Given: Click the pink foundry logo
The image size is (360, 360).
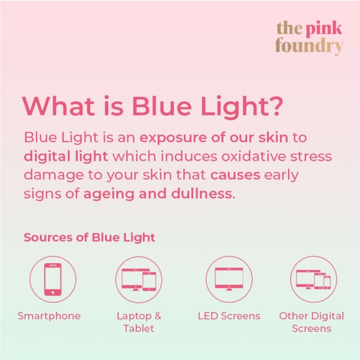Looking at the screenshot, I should [x=309, y=38].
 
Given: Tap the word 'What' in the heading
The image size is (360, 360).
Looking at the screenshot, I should [x=56, y=106].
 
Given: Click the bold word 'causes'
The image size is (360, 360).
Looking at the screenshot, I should [x=235, y=174].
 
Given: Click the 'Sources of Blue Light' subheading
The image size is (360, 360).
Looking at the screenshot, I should [x=89, y=237].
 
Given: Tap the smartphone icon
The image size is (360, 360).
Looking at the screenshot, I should [x=53, y=279].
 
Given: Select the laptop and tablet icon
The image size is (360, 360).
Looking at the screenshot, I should [x=138, y=279].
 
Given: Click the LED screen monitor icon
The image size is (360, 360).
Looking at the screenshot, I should [x=228, y=279].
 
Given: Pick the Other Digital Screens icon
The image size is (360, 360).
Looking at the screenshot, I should [x=313, y=279].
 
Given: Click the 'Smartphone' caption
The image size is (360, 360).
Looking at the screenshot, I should [x=49, y=316].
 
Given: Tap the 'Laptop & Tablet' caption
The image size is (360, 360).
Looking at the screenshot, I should [x=138, y=322].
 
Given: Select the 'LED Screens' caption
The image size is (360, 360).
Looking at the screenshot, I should [x=228, y=316].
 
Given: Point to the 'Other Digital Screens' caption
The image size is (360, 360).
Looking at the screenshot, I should [x=311, y=322].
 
